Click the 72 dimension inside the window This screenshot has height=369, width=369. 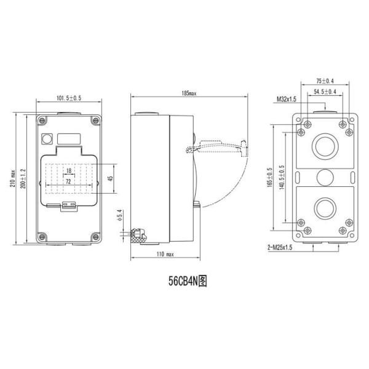[68, 183]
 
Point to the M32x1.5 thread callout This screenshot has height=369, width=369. [287, 98]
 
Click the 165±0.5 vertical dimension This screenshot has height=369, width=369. [269, 178]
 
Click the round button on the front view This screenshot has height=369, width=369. [46, 138]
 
